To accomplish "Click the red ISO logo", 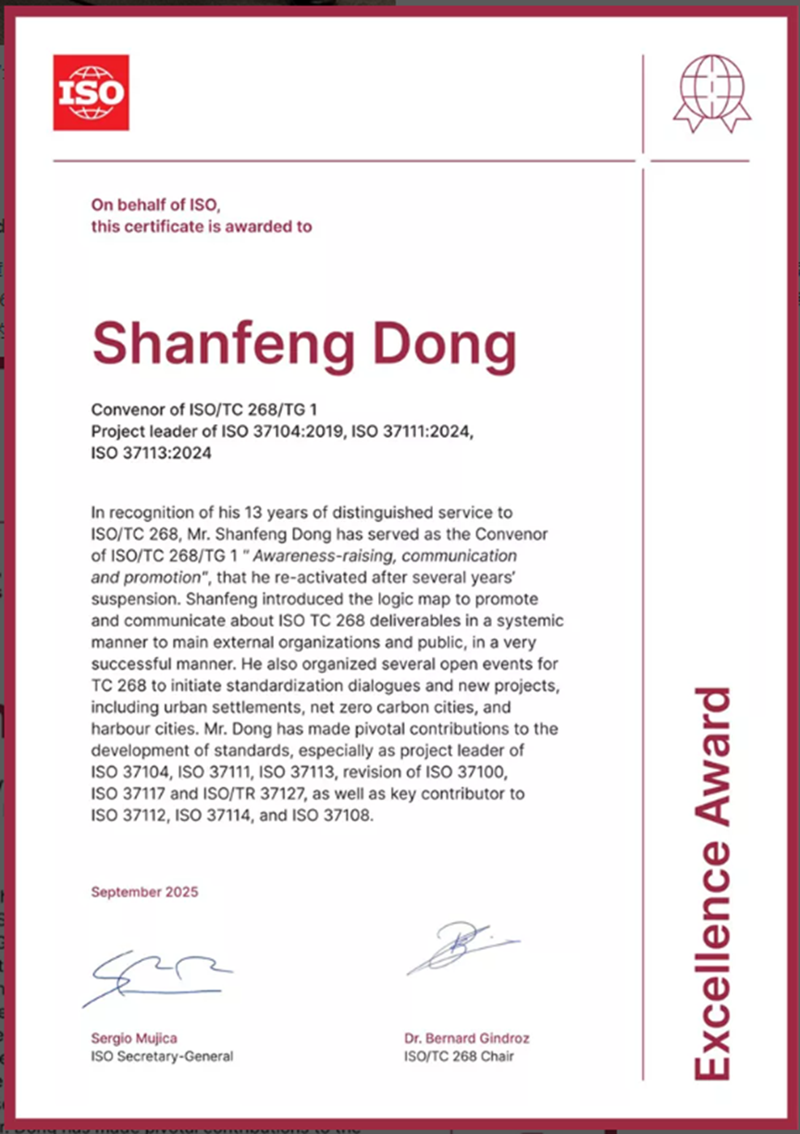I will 91,92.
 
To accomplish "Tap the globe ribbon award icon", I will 711,93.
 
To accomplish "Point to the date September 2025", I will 144,892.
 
